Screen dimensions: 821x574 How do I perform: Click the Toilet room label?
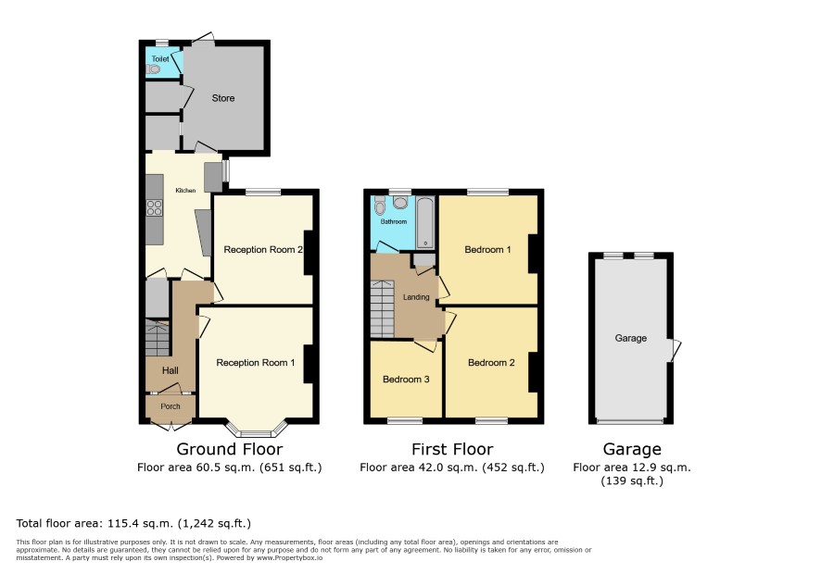click(x=160, y=59)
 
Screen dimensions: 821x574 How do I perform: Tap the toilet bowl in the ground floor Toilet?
click(x=153, y=69)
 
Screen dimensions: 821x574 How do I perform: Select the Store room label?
click(x=223, y=98)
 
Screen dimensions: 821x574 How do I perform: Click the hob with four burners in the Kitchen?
click(x=154, y=207)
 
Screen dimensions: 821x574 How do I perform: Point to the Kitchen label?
click(x=185, y=191)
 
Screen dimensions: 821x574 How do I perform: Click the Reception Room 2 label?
click(x=263, y=250)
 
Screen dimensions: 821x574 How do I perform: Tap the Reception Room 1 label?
click(x=256, y=363)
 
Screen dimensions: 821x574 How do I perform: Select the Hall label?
click(x=171, y=370)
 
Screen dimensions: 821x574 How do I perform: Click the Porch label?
click(x=171, y=406)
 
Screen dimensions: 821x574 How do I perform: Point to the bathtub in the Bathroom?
click(x=425, y=222)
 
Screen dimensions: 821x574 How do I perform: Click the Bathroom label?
click(x=394, y=222)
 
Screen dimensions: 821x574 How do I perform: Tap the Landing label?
click(x=416, y=297)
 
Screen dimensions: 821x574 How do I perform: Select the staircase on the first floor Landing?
click(x=382, y=308)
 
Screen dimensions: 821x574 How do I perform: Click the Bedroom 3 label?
click(x=406, y=380)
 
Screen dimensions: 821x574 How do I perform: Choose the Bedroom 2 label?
click(x=491, y=363)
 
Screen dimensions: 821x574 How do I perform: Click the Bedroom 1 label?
click(x=487, y=250)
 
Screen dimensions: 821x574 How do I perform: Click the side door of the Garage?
click(x=675, y=351)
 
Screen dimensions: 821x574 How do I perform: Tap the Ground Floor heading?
click(x=229, y=449)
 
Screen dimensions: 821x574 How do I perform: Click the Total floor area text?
click(x=133, y=523)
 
